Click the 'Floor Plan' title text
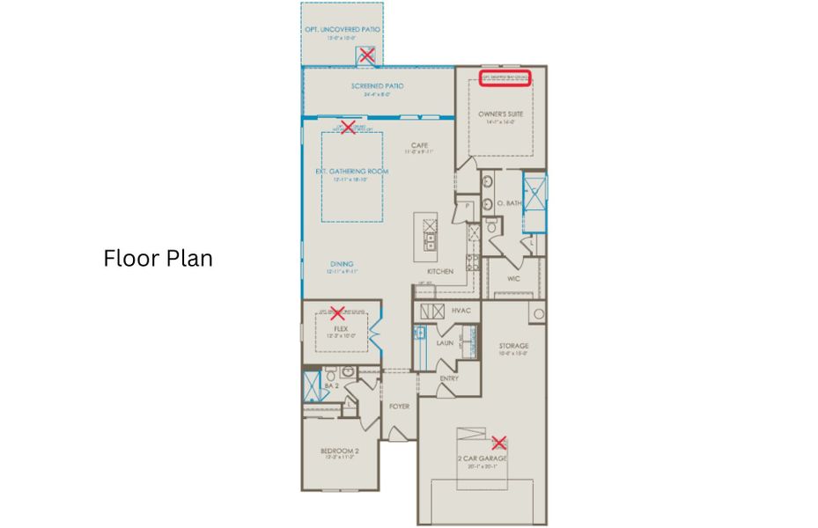[158, 259]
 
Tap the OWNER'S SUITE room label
[500, 114]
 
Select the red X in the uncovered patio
[366, 55]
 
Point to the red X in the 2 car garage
[499, 443]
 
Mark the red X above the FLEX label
[335, 312]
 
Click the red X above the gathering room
[348, 128]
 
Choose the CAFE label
[419, 145]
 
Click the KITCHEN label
[439, 272]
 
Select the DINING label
[342, 262]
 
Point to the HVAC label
[461, 311]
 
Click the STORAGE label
[512, 346]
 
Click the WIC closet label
[515, 279]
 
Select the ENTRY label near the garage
[449, 378]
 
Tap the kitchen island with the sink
[430, 238]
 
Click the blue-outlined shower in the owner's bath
[534, 191]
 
